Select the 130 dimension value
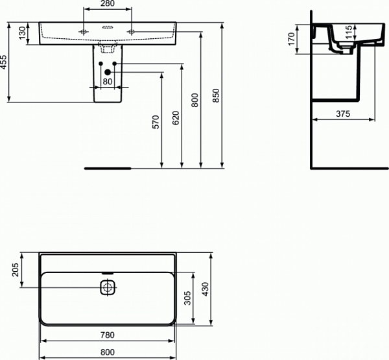23,33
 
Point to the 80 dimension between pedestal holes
108,81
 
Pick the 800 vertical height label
196,99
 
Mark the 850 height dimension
217,96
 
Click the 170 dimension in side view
292,38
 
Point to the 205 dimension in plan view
16,270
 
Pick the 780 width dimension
108,335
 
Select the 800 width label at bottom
108,352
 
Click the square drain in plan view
108,287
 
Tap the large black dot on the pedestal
108,72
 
